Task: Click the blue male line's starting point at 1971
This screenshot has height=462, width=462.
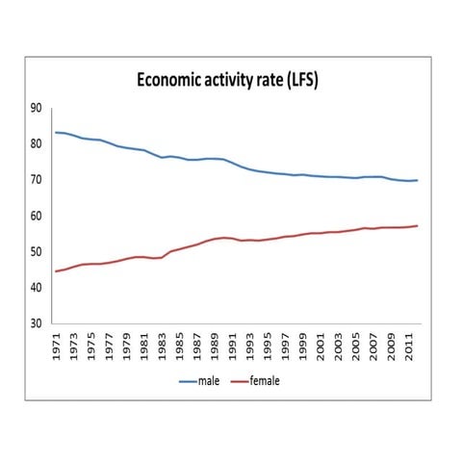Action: pos(56,132)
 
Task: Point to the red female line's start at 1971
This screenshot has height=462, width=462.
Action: pos(56,271)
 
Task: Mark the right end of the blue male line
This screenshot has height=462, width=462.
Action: pos(417,180)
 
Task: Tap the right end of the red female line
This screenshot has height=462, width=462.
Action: pos(417,226)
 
